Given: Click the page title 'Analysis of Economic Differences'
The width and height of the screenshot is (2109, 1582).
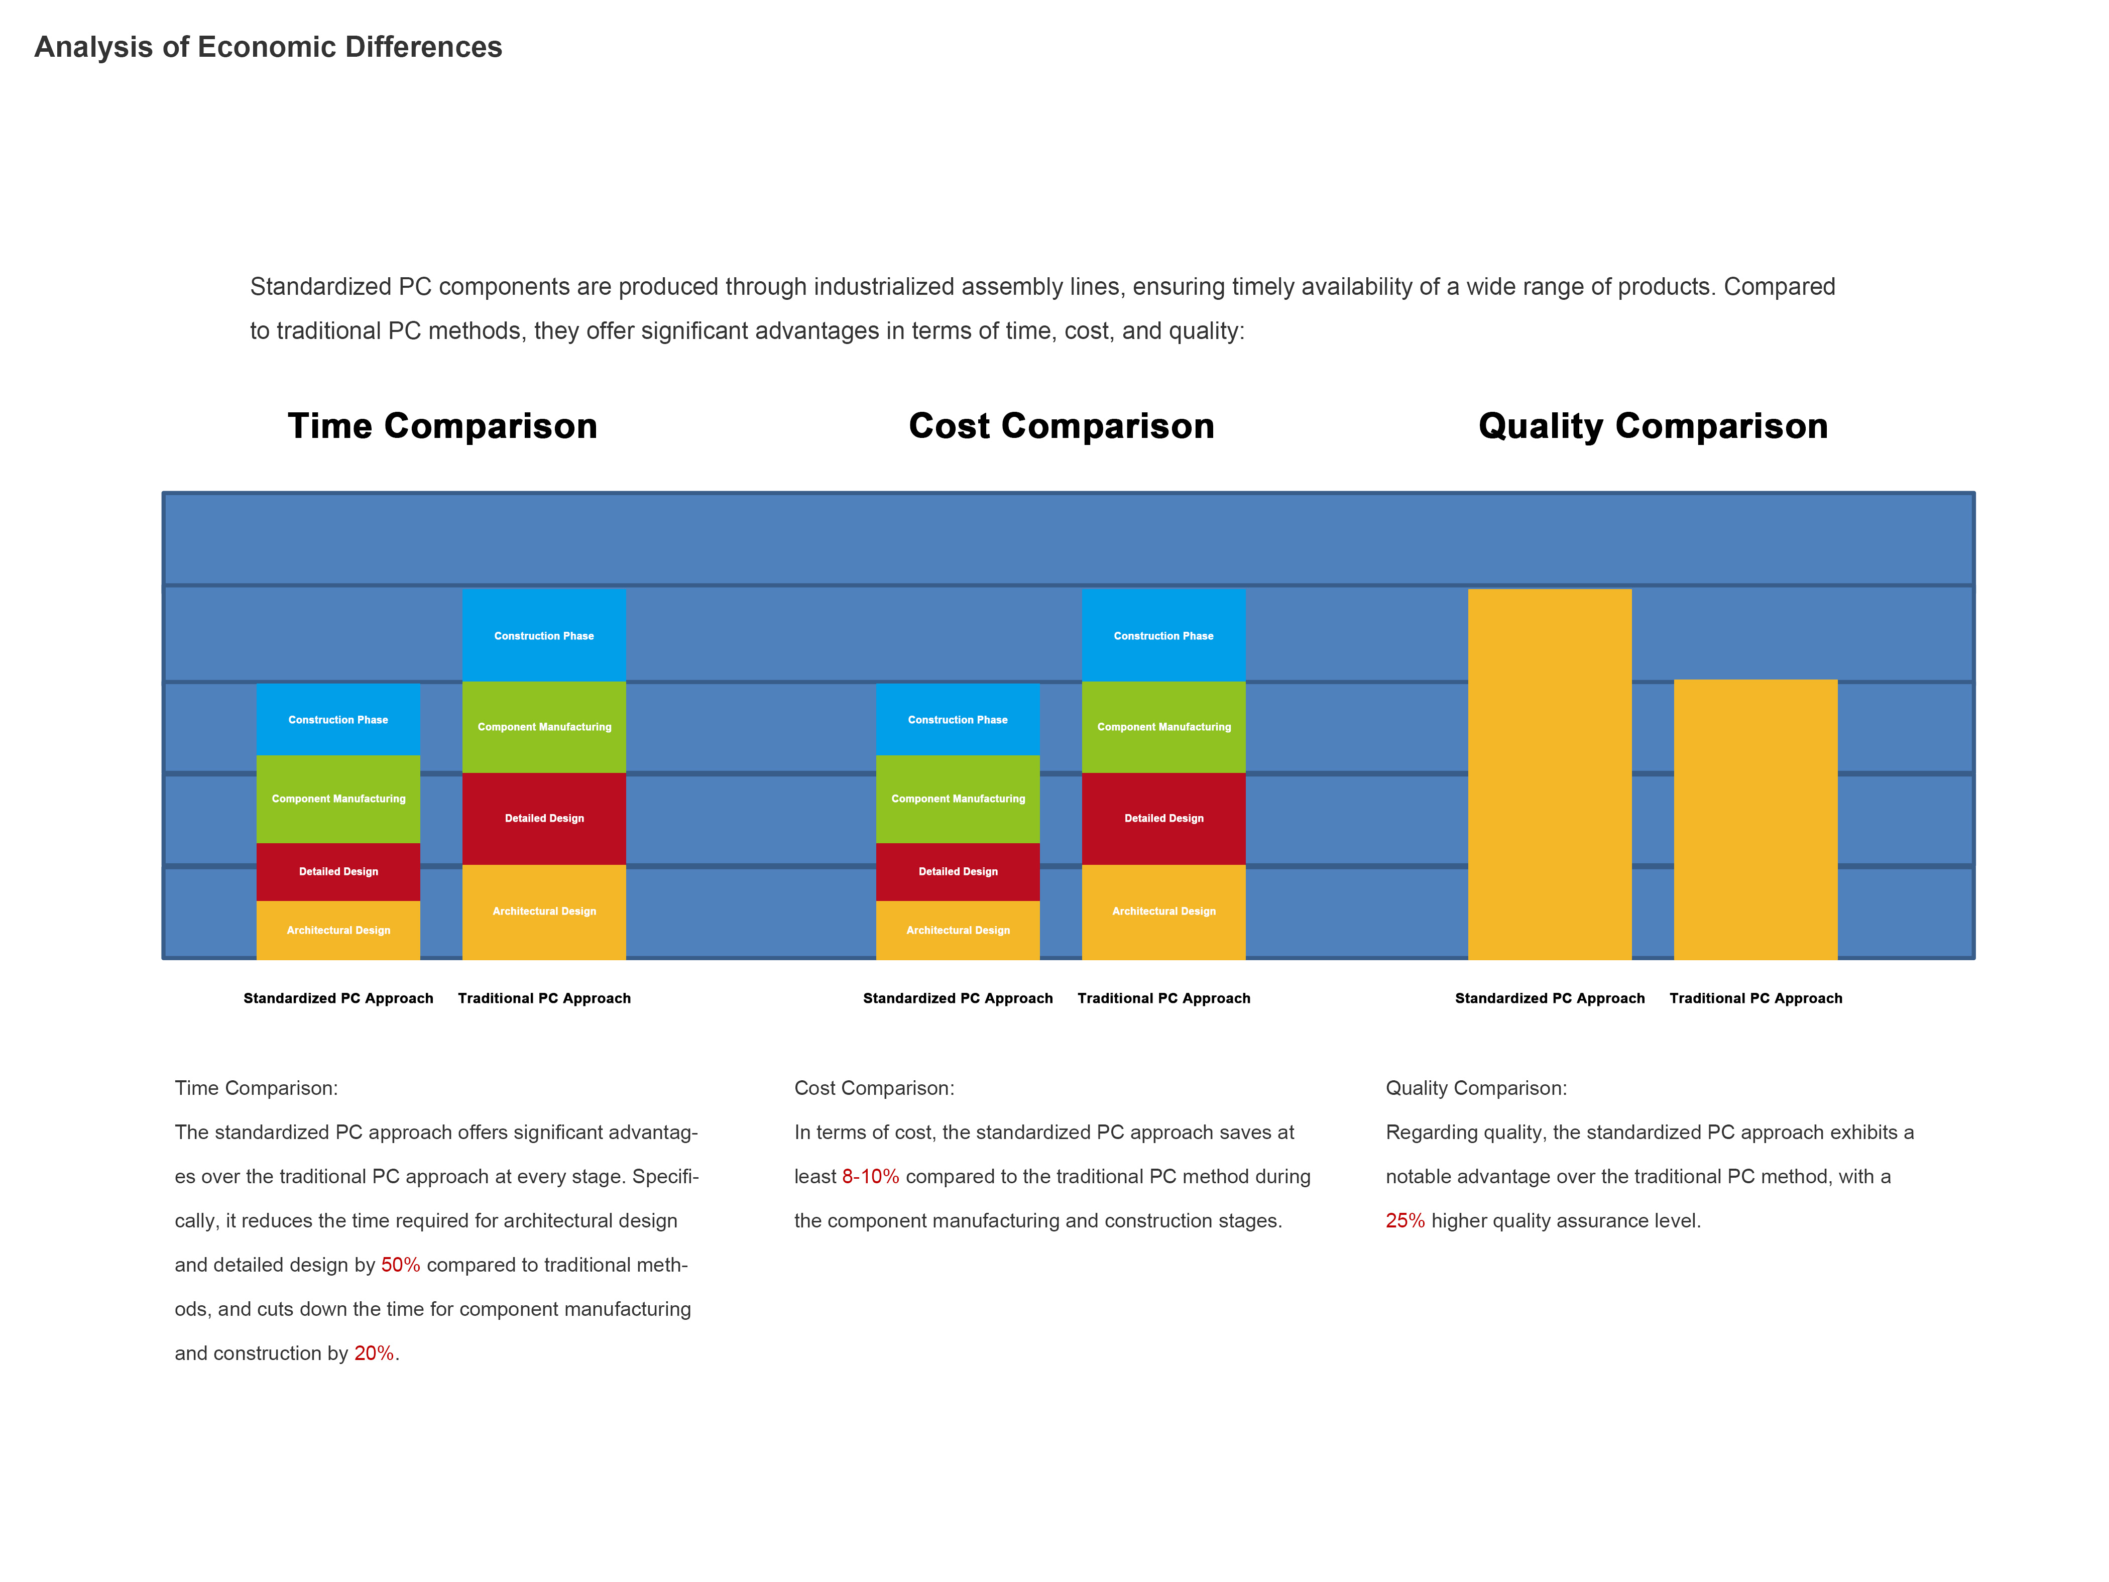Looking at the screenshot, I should (x=268, y=47).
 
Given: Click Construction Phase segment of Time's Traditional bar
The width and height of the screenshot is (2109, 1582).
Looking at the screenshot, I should (x=543, y=635).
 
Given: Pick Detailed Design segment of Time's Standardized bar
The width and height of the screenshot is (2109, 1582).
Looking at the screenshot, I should (x=338, y=871).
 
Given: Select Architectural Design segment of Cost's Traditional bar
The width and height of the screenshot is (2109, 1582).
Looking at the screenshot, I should (x=1163, y=912).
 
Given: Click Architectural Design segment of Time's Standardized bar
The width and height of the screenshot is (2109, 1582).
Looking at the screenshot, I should (x=338, y=930).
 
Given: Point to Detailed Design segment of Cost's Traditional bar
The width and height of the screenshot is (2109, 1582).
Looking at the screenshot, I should (x=1163, y=818).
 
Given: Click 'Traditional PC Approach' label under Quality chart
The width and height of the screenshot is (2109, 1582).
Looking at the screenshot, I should (x=1755, y=998).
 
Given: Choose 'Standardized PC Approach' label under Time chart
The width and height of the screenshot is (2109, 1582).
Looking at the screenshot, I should (x=338, y=998).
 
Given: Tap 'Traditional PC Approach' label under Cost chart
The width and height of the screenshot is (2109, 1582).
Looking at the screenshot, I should (x=1163, y=998).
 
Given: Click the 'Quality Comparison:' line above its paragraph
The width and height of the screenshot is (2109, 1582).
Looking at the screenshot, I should (x=1476, y=1088).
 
